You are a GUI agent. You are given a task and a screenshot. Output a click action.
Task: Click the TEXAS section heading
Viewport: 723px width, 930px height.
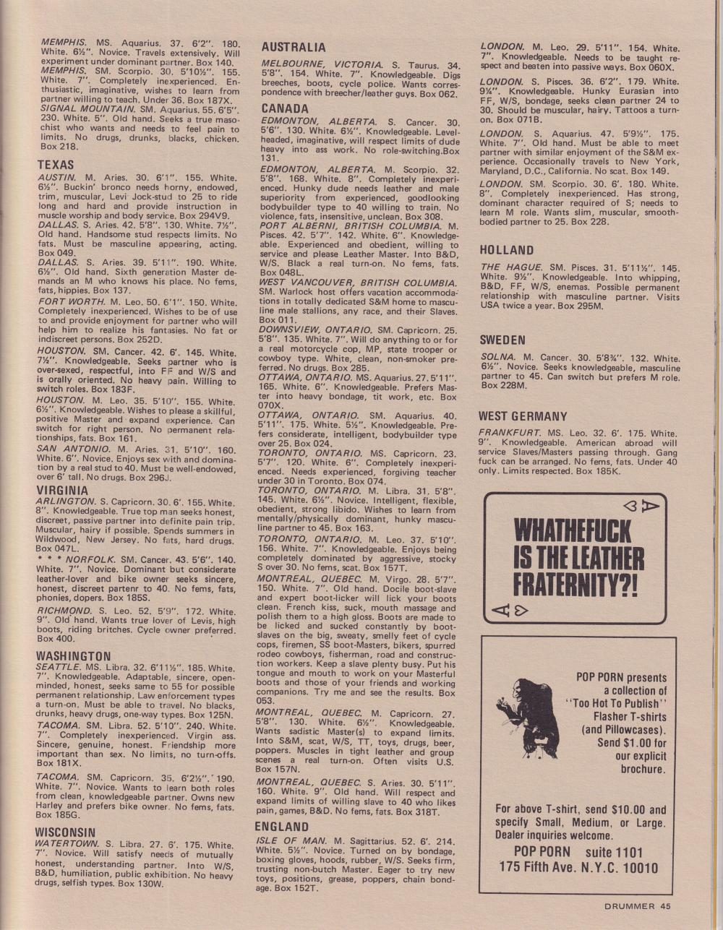point(56,165)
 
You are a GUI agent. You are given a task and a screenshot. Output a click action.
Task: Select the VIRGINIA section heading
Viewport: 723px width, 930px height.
point(62,491)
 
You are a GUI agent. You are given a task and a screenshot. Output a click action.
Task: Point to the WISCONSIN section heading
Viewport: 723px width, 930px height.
point(65,832)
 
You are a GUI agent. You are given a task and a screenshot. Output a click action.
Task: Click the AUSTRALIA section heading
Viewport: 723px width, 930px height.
point(294,48)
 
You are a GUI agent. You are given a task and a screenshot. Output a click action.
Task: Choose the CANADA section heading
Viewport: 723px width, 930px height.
point(285,108)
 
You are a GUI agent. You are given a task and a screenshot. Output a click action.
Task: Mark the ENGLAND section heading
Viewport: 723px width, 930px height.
point(281,827)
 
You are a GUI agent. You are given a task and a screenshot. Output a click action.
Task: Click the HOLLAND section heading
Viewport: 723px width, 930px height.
point(507,250)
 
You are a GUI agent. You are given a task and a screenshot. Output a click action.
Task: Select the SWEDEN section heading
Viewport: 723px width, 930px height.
point(502,340)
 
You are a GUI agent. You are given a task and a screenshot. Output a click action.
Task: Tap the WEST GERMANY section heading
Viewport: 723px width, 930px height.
point(523,416)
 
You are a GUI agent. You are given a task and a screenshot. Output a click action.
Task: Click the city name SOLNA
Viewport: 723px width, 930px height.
point(497,358)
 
